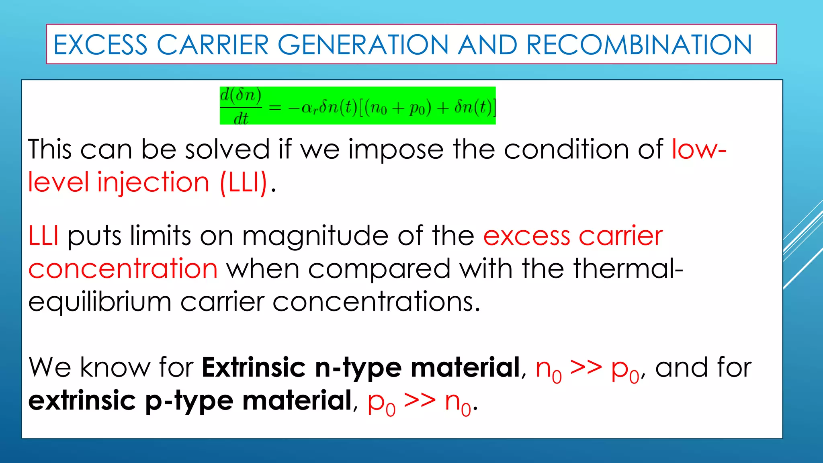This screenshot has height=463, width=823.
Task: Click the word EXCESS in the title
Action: (100, 45)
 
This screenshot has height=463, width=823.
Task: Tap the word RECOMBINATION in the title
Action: (639, 45)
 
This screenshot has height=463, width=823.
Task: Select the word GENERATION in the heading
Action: (363, 45)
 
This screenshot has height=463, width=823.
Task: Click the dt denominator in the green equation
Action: (241, 119)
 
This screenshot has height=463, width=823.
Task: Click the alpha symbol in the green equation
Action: (308, 108)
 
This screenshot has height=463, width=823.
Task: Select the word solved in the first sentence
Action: (227, 150)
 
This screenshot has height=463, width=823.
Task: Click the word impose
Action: (396, 150)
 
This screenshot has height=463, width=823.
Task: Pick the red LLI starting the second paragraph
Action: (43, 236)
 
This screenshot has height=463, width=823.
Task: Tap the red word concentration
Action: (123, 269)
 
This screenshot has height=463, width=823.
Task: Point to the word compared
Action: (379, 269)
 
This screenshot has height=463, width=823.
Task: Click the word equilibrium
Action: (100, 302)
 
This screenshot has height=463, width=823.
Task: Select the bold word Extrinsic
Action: (254, 368)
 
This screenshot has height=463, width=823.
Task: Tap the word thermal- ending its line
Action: (628, 269)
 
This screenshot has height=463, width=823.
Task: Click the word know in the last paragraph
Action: (115, 368)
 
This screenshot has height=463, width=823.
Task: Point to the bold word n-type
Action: (358, 368)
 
